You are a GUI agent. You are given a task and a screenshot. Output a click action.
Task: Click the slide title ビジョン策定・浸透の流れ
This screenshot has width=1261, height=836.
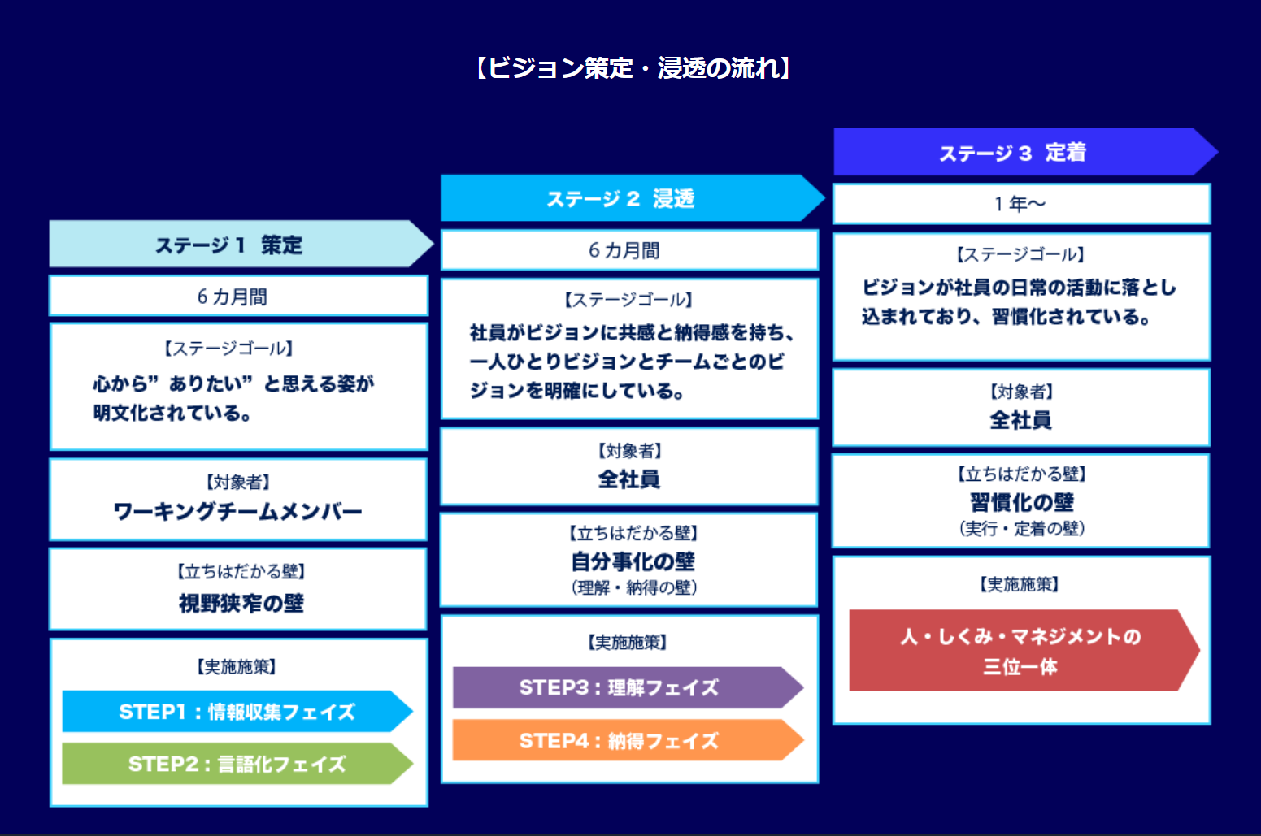pyautogui.click(x=632, y=68)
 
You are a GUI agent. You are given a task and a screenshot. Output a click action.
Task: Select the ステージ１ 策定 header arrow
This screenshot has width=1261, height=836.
pyautogui.click(x=236, y=245)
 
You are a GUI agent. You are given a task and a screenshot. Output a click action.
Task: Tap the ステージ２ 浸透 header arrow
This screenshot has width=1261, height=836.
pyautogui.click(x=626, y=198)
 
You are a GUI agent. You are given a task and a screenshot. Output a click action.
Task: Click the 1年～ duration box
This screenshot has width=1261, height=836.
pyautogui.click(x=1020, y=204)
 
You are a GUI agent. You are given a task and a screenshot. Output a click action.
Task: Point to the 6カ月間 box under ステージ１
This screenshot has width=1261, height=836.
pyautogui.click(x=237, y=297)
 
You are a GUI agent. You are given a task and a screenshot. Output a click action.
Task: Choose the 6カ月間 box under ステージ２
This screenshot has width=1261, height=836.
pyautogui.click(x=628, y=250)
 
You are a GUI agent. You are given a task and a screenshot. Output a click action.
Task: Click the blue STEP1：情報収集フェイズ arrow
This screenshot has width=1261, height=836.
pyautogui.click(x=236, y=712)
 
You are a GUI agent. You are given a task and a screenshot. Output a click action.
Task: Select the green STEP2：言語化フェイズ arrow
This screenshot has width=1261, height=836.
pyautogui.click(x=236, y=764)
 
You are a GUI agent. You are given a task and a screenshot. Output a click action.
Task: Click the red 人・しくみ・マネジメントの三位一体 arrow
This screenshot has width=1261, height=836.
pyautogui.click(x=1020, y=651)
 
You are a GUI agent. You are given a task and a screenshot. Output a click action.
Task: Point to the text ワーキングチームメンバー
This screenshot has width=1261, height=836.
pyautogui.click(x=237, y=512)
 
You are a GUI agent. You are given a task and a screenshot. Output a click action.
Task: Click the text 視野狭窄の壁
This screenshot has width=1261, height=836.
pyautogui.click(x=241, y=603)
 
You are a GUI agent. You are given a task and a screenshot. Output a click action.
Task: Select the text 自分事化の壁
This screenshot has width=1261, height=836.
pyautogui.click(x=633, y=561)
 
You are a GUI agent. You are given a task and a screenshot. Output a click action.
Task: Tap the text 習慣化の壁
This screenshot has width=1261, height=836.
pyautogui.click(x=1021, y=502)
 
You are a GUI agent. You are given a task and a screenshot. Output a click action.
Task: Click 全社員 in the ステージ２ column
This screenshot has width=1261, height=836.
pyautogui.click(x=629, y=479)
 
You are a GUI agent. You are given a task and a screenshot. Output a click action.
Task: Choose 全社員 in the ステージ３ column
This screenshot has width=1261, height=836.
pyautogui.click(x=1020, y=420)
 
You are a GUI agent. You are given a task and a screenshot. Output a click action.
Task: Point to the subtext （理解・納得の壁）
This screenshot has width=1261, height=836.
pyautogui.click(x=633, y=587)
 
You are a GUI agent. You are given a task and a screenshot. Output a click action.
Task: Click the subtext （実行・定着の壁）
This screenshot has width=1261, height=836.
pyautogui.click(x=1021, y=529)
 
